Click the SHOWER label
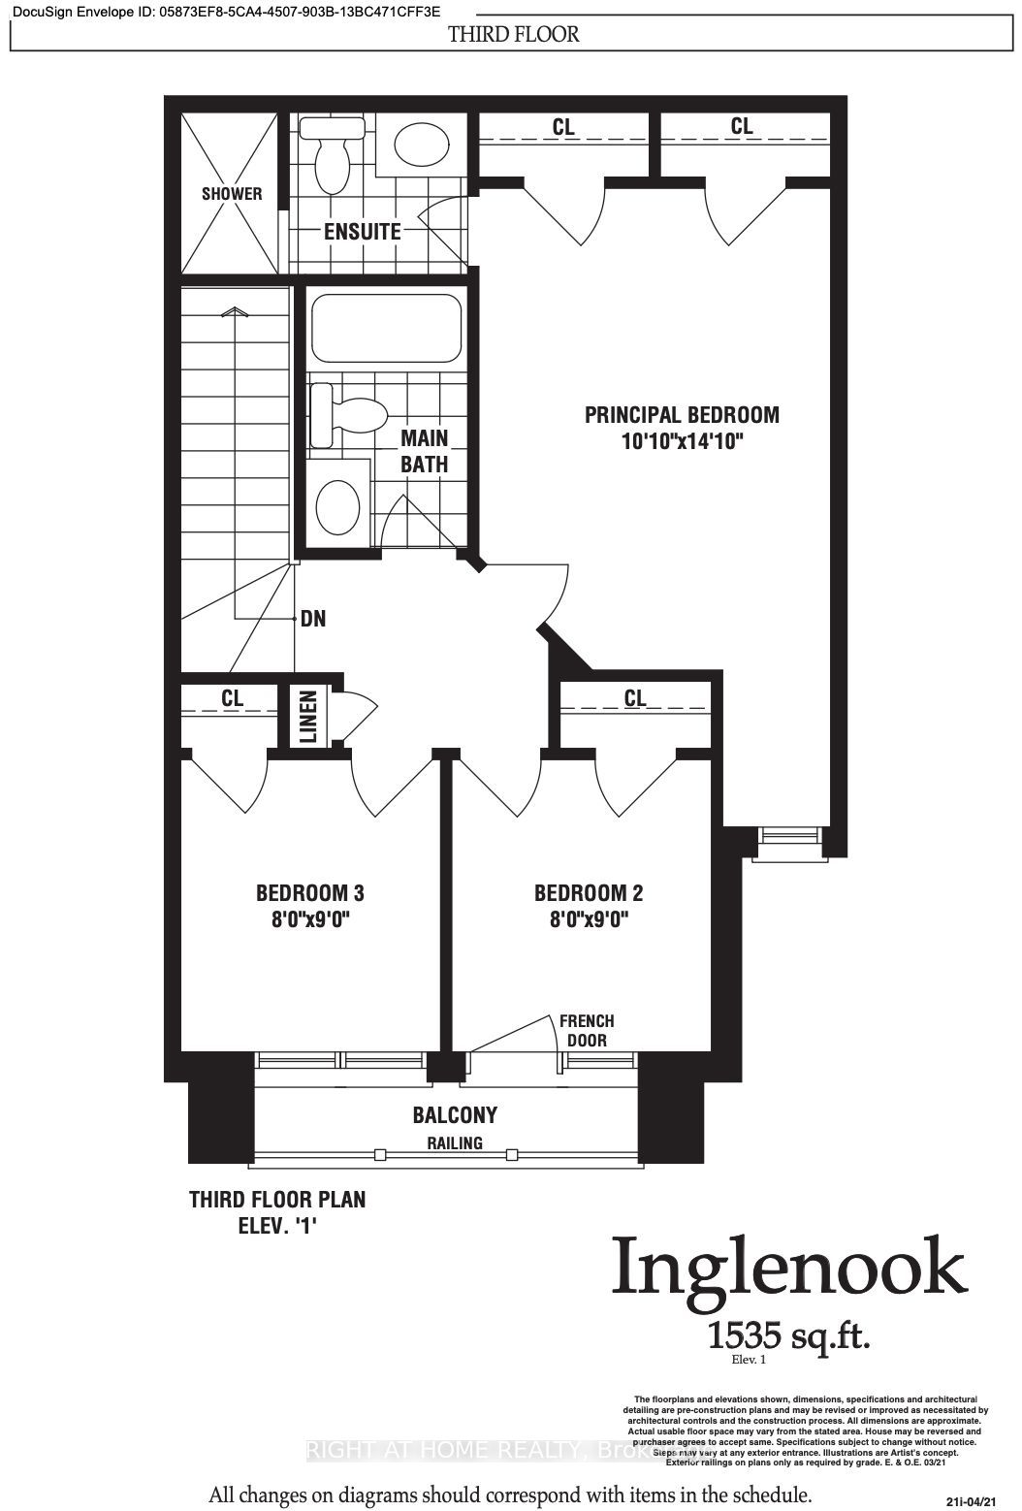click(232, 193)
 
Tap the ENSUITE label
click(362, 232)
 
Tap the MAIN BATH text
click(425, 451)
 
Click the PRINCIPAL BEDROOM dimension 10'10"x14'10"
click(682, 441)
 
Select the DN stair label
click(312, 618)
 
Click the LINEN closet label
click(307, 717)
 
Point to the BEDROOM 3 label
click(309, 892)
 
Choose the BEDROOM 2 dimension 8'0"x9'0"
click(589, 919)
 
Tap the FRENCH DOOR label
click(587, 1031)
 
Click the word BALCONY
click(455, 1115)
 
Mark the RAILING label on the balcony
click(455, 1143)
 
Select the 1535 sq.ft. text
click(788, 1335)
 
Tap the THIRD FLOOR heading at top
click(513, 35)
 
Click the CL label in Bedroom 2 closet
click(634, 697)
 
